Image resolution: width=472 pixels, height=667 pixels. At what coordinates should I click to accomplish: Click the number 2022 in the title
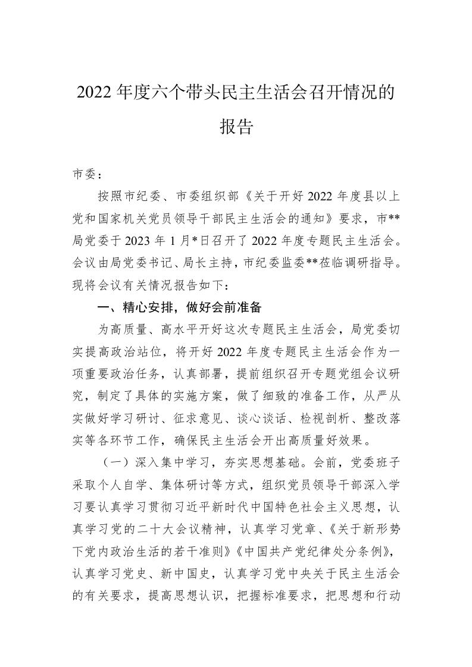pos(95,93)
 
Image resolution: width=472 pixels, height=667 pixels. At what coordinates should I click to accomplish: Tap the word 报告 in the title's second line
pos(236,127)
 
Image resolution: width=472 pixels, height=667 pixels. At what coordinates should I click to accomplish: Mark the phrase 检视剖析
pos(337,409)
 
